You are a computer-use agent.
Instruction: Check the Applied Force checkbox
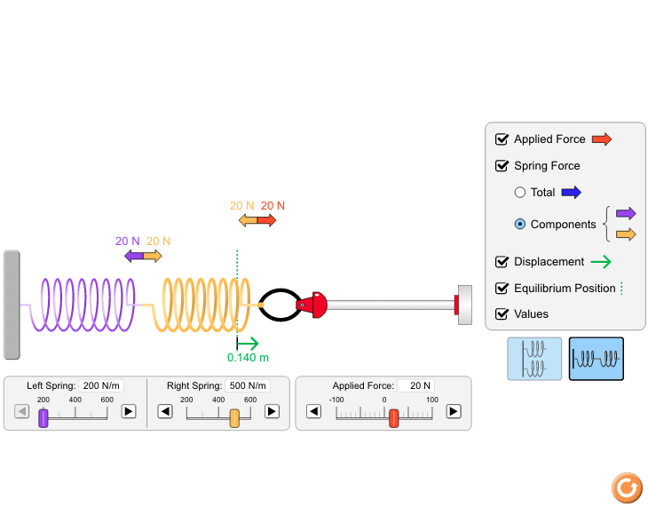[x=502, y=139]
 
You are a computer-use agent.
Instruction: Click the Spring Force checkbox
[x=502, y=166]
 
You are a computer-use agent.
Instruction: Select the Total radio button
[x=520, y=193]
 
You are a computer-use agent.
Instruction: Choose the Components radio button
[x=520, y=225]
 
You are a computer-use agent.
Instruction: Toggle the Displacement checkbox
[x=502, y=262]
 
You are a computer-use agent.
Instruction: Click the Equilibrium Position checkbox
[x=502, y=289]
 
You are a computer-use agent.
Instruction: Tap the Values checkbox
[x=502, y=314]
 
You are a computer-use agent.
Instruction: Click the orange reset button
[x=627, y=487]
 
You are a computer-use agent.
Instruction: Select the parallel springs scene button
[x=534, y=359]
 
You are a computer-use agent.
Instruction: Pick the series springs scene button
[x=597, y=359]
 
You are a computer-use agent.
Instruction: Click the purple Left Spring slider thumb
[x=43, y=418]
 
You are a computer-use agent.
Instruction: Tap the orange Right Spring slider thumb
[x=234, y=418]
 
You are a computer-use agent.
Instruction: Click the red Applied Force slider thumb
[x=393, y=418]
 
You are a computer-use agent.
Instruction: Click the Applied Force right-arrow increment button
[x=454, y=411]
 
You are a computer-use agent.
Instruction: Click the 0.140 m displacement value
[x=248, y=358]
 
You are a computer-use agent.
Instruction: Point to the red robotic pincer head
[x=313, y=305]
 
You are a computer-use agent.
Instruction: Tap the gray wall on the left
[x=12, y=305]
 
